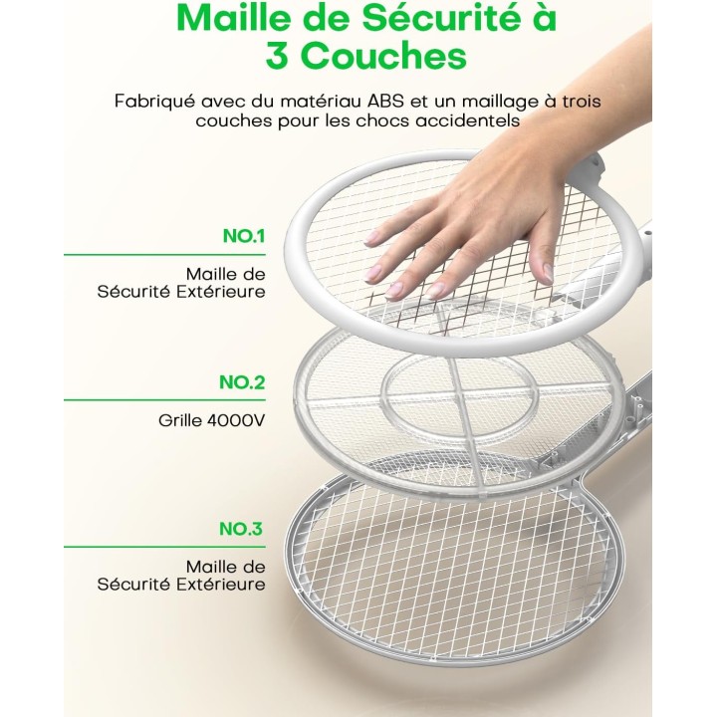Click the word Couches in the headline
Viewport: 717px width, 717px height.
(384, 56)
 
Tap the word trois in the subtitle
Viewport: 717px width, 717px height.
(580, 101)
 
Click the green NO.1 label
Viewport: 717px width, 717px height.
(244, 237)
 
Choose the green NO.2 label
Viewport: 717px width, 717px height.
(243, 382)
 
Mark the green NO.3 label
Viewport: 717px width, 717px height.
(243, 529)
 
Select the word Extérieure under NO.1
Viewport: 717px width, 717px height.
(223, 292)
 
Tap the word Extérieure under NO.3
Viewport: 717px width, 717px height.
(223, 584)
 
